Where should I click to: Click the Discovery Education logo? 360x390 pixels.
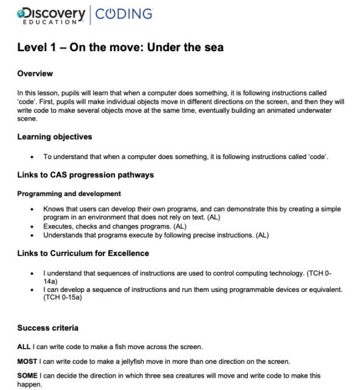51,14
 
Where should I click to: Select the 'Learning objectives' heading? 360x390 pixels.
55,136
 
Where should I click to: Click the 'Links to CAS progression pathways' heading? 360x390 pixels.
85,175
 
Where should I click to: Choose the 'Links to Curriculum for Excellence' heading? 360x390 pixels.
83,253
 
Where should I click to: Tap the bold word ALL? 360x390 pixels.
24,347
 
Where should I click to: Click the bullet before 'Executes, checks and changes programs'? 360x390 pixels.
32,225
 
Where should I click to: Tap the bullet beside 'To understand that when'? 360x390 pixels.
32,157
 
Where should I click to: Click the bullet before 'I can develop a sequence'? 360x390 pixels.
32,289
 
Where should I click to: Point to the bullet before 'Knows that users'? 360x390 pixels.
32,208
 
